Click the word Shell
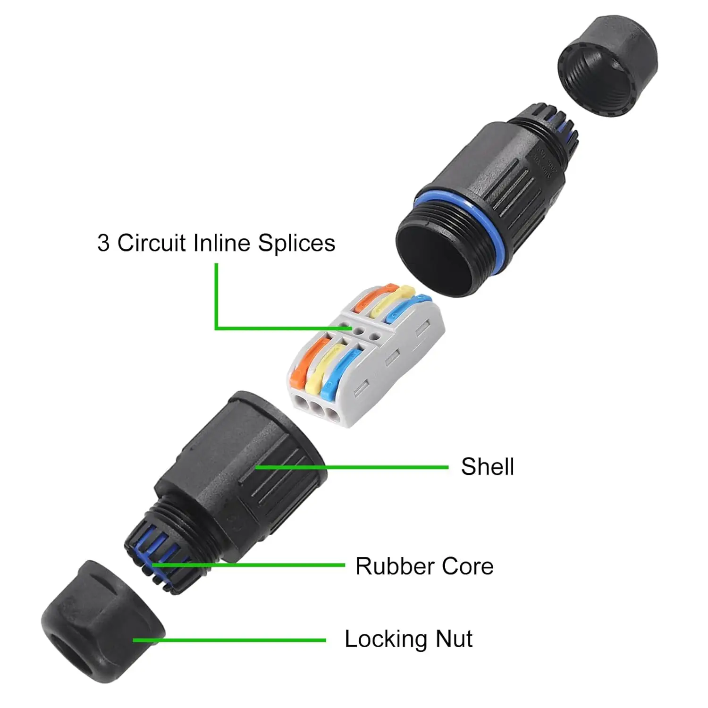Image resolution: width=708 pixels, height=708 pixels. tap(487, 467)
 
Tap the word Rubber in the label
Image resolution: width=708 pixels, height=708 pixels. tap(395, 566)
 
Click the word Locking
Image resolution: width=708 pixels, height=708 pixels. tap(386, 640)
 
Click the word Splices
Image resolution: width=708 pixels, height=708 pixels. tap(296, 244)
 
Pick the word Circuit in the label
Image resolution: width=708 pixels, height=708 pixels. tap(151, 244)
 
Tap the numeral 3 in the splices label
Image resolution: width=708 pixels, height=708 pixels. tap(103, 244)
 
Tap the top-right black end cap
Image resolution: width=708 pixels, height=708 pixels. tap(608, 66)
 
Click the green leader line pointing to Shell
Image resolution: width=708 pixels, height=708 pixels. tap(352, 467)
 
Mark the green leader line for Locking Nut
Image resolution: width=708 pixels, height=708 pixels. tap(229, 641)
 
